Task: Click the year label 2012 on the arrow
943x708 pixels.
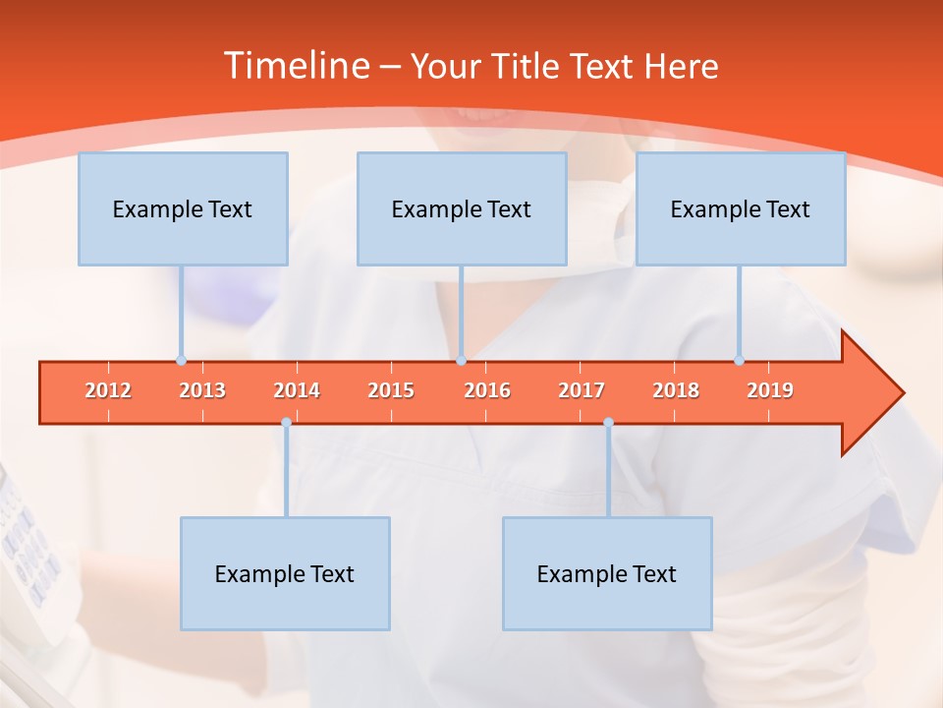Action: tap(108, 390)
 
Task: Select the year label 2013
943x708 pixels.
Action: tap(202, 390)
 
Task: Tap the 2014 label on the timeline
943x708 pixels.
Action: tap(297, 390)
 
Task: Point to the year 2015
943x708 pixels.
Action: tap(391, 390)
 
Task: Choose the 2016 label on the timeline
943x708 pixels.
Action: tap(487, 390)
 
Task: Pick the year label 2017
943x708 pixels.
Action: tap(582, 390)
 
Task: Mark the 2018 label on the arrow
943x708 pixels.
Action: tap(676, 390)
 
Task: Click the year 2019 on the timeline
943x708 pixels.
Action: tap(770, 390)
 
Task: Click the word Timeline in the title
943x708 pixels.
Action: tap(296, 66)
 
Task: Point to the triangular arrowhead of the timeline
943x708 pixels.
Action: tap(872, 393)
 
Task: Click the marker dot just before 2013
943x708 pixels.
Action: tap(181, 361)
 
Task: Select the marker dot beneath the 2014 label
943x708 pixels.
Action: tap(286, 422)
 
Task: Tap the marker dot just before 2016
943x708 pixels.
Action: tap(461, 361)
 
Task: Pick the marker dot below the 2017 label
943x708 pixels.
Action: tap(608, 422)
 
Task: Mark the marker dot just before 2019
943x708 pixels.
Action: tap(739, 361)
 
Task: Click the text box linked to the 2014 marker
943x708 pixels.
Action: tap(285, 573)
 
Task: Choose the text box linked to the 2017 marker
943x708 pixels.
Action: tap(607, 573)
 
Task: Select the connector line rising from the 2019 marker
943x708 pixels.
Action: tap(739, 313)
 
